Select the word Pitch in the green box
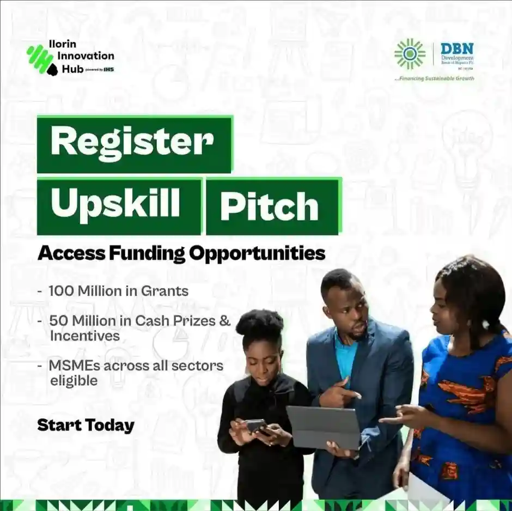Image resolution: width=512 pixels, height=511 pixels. tap(269, 206)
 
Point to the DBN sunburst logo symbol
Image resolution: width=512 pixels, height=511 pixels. tap(410, 54)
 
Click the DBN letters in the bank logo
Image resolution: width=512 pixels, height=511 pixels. tap(456, 48)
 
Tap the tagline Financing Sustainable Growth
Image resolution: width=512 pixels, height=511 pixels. tap(434, 78)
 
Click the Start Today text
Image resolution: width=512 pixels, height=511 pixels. tap(86, 425)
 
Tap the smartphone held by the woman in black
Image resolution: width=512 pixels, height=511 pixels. tap(254, 425)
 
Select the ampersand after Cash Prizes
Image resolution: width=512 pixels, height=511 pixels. tap(224, 320)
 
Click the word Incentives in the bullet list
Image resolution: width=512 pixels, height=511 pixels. tap(84, 336)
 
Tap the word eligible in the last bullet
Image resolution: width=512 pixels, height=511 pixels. tap(74, 380)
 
